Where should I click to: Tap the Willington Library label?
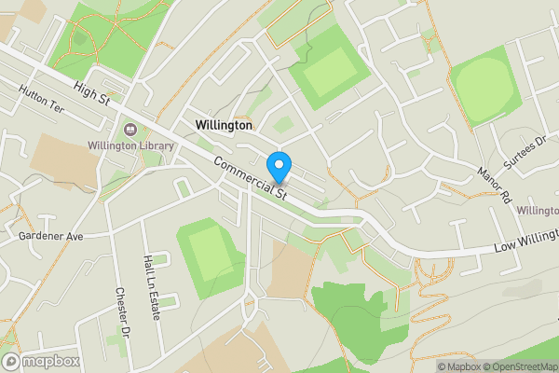(x=130, y=145)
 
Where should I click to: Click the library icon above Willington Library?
(x=129, y=129)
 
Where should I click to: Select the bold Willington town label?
(x=224, y=124)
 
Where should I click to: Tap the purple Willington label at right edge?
(x=538, y=211)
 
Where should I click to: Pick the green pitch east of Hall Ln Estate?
(x=212, y=253)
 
